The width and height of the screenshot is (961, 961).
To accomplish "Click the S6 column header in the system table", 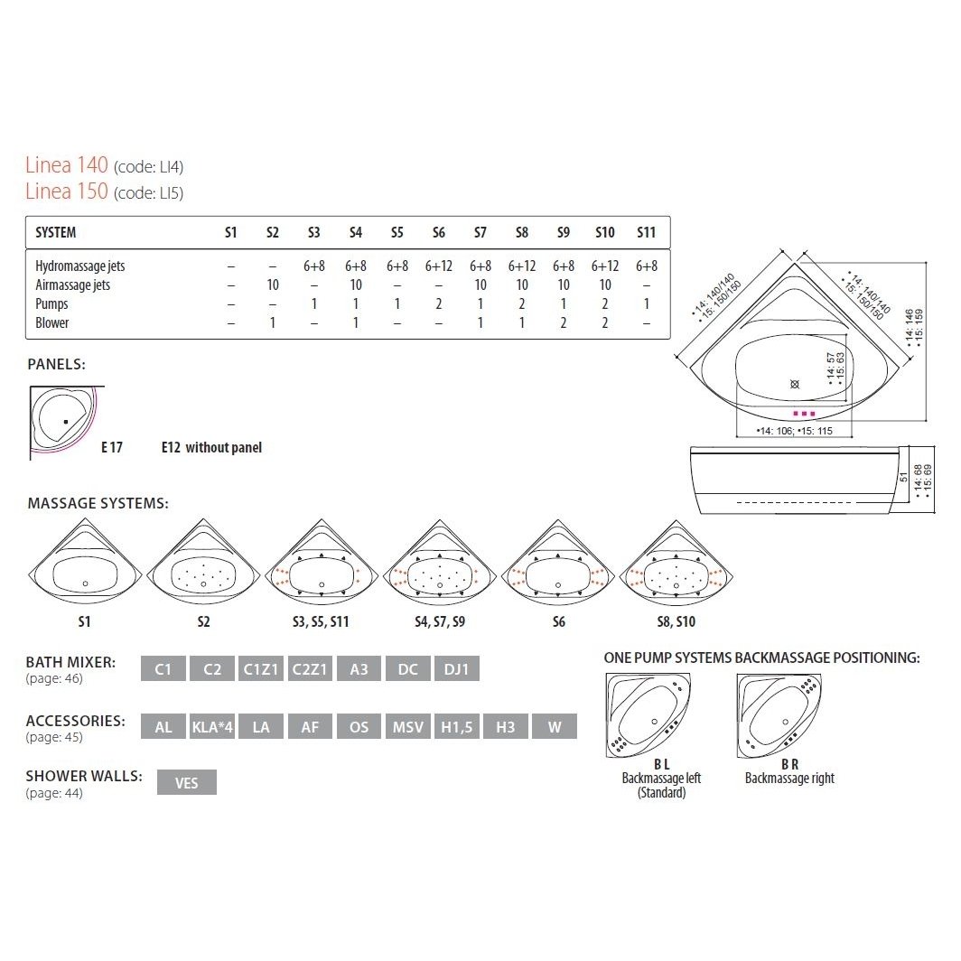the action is (438, 232).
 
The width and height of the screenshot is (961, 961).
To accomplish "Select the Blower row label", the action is (52, 323).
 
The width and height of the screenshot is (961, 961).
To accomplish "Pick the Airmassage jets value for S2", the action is (273, 285).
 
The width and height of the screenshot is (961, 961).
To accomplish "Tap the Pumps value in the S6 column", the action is (439, 304).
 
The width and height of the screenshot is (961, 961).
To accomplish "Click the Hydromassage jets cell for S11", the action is (647, 266).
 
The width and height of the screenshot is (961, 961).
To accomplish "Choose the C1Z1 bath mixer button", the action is (261, 668).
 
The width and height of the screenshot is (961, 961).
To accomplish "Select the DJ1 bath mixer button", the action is (457, 668).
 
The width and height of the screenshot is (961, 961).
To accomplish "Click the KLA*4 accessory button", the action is (212, 727).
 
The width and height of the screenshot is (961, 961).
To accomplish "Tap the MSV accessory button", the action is (407, 727).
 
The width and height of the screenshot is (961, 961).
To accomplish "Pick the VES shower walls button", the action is (186, 783).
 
